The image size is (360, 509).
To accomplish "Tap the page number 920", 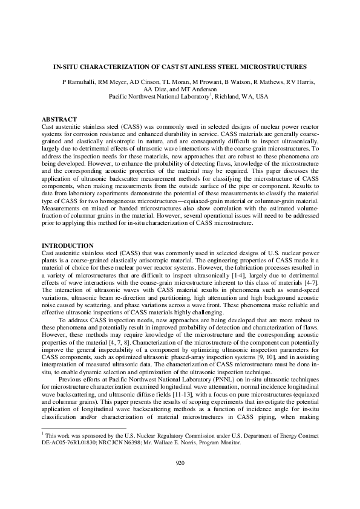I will point(180,462).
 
